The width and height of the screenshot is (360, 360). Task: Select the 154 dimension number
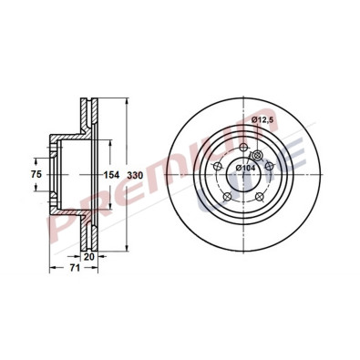tap(110, 173)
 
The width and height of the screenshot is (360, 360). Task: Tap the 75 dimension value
tap(37, 173)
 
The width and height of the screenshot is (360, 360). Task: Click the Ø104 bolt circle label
tap(248, 166)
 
